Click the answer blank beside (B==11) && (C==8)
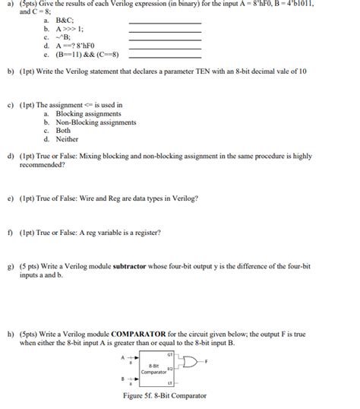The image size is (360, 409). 165,56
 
